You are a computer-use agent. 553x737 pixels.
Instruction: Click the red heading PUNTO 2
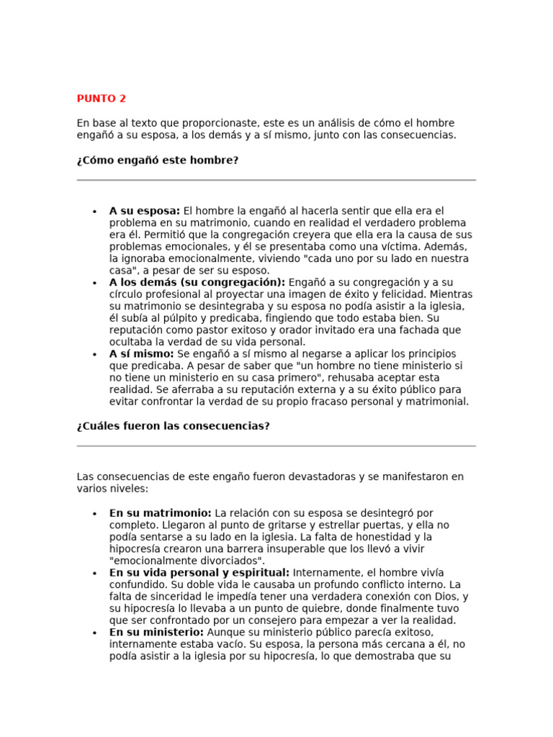(x=102, y=99)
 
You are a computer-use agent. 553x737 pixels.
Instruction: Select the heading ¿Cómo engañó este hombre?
(x=157, y=160)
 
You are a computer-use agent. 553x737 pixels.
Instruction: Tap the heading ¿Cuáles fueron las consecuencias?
(x=173, y=425)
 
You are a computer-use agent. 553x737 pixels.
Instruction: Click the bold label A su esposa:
(x=145, y=211)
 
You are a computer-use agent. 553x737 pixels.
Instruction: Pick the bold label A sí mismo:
(x=141, y=353)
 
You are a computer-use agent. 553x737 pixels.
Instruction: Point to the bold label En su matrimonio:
(x=161, y=513)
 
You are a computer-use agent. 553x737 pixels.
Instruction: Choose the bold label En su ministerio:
(x=157, y=632)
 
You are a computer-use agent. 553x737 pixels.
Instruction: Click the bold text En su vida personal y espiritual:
(x=199, y=572)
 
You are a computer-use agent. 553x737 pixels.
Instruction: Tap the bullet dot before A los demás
(x=94, y=283)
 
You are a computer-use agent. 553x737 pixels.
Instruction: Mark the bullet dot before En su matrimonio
(x=94, y=514)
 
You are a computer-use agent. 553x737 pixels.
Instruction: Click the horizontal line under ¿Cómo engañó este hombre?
(x=276, y=180)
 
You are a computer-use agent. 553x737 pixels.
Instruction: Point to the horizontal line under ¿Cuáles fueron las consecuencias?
(x=276, y=446)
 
